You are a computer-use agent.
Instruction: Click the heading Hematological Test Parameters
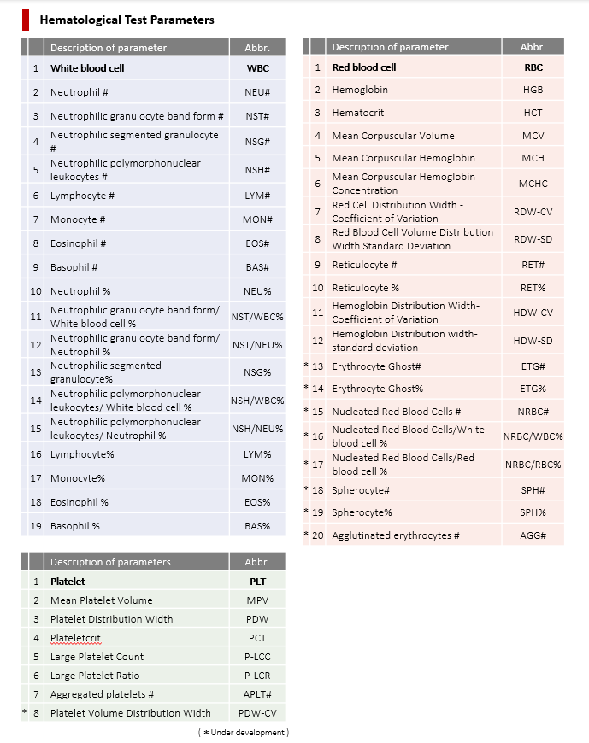click(x=127, y=20)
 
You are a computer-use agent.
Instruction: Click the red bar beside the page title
click(x=26, y=19)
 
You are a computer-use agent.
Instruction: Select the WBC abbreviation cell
click(x=257, y=67)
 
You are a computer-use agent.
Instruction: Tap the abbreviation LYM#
click(x=257, y=196)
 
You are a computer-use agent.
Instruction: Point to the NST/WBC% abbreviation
click(x=257, y=317)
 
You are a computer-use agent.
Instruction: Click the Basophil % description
click(x=75, y=526)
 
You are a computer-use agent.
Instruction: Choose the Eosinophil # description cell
click(x=79, y=243)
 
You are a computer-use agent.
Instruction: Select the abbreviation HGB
click(x=533, y=90)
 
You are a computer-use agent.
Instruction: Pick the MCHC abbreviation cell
click(x=533, y=184)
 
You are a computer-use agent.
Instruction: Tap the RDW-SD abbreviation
click(x=533, y=239)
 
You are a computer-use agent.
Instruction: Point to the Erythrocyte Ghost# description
click(x=376, y=366)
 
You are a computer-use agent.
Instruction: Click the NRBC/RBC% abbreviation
click(x=533, y=465)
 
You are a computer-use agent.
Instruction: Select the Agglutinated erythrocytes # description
click(x=396, y=535)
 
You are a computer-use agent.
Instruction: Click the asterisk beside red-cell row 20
click(x=306, y=535)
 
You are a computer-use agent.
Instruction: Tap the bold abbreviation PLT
click(x=257, y=582)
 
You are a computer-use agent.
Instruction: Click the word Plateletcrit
click(x=76, y=638)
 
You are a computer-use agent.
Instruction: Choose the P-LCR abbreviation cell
click(x=257, y=676)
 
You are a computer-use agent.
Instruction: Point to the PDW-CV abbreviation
click(x=257, y=713)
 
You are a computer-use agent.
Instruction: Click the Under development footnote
click(x=244, y=732)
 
